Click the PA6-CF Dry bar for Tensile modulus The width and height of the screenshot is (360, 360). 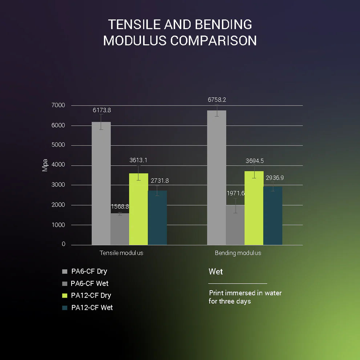pos(101,183)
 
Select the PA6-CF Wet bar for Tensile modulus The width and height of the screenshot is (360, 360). pos(120,229)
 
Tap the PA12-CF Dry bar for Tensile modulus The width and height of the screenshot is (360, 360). pos(138,209)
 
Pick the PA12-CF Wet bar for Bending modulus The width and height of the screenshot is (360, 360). pos(272,216)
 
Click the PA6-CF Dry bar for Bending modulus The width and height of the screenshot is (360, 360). pos(217,178)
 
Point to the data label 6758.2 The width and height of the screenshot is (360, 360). pos(217,100)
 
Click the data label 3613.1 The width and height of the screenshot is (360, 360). pos(138,160)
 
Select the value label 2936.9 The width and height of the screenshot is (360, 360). pos(275,178)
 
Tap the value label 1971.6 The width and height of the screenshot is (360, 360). pos(236,193)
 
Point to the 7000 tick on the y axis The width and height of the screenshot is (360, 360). pos(58,105)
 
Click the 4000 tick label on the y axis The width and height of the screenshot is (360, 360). pos(58,165)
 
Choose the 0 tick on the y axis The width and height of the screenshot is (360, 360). pos(64,244)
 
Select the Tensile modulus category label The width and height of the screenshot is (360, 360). pos(121,253)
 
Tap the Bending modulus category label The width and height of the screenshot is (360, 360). pos(238,253)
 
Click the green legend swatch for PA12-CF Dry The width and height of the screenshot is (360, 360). pos(65,296)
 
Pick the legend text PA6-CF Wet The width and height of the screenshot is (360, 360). pos(89,283)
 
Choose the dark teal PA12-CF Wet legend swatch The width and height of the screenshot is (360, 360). pos(65,308)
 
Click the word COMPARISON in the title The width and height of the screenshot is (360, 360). pos(214,40)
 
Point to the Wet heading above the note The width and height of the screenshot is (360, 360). pos(216,272)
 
